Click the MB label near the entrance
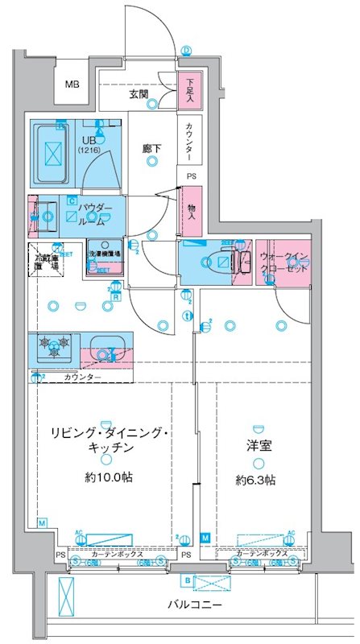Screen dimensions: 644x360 pos(72,85)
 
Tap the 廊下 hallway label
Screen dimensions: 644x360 pos(151,147)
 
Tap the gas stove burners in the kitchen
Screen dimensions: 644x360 pos(53,347)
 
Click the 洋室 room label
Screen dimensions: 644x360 pos(256,444)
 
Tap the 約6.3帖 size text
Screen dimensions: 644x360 pos(256,479)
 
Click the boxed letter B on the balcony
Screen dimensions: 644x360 pos(187,580)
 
